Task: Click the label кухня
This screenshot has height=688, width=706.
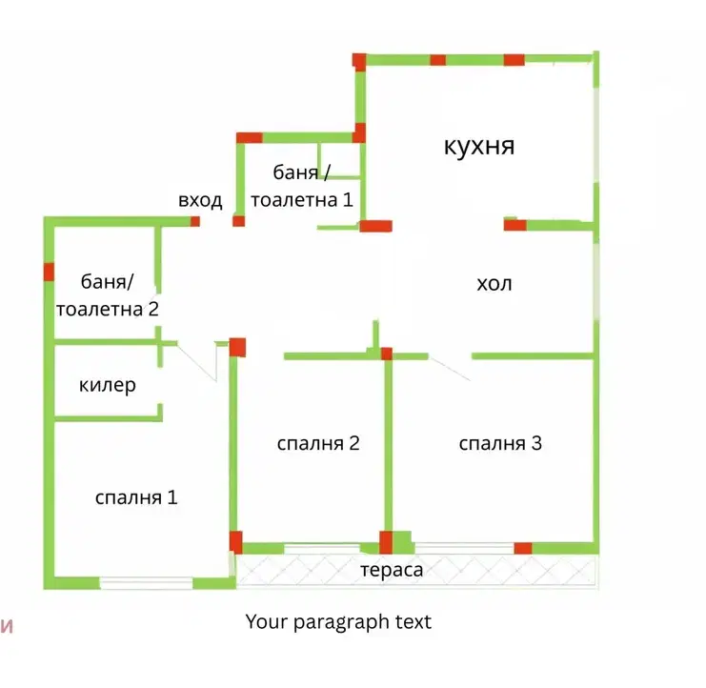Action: [x=479, y=146]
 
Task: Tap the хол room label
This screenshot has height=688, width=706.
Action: [x=494, y=284]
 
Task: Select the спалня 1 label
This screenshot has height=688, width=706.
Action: [x=136, y=497]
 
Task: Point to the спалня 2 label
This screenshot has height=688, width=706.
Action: [x=318, y=443]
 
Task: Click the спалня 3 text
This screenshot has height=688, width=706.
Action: [x=500, y=443]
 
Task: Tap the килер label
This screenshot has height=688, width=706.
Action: [x=107, y=385]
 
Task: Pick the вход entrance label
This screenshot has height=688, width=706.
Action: [x=200, y=201]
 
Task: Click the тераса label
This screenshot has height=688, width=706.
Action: [x=392, y=571]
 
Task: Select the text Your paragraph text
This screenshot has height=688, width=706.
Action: [x=338, y=622]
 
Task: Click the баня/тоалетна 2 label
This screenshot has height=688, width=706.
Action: [x=107, y=295]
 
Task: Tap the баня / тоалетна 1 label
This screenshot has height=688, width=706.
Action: [x=302, y=186]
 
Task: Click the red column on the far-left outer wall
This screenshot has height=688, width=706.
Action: [x=50, y=272]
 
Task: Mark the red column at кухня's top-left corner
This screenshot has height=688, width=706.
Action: [x=359, y=62]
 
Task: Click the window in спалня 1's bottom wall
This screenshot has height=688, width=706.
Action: [x=146, y=583]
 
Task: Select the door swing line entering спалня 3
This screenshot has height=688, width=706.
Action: [x=450, y=369]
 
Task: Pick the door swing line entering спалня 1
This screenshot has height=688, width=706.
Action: [x=197, y=361]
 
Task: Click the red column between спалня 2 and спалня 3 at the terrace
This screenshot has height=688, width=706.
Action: [x=386, y=542]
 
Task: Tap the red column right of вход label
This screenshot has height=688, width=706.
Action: [x=238, y=221]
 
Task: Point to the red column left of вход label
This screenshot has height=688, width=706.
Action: [x=195, y=221]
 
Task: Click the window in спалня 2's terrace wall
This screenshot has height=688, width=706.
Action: [x=322, y=549]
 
